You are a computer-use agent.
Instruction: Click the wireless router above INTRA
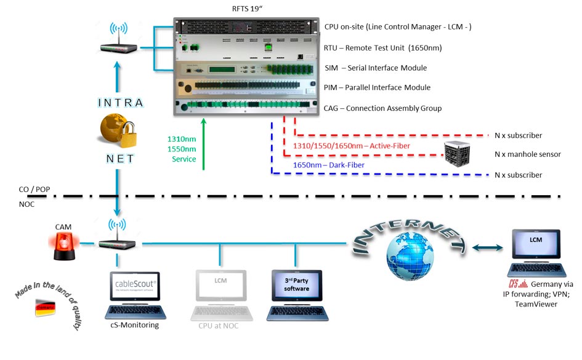tap(118, 41)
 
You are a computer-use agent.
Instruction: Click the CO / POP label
tap(34, 189)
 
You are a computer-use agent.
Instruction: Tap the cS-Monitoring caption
tap(133, 325)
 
